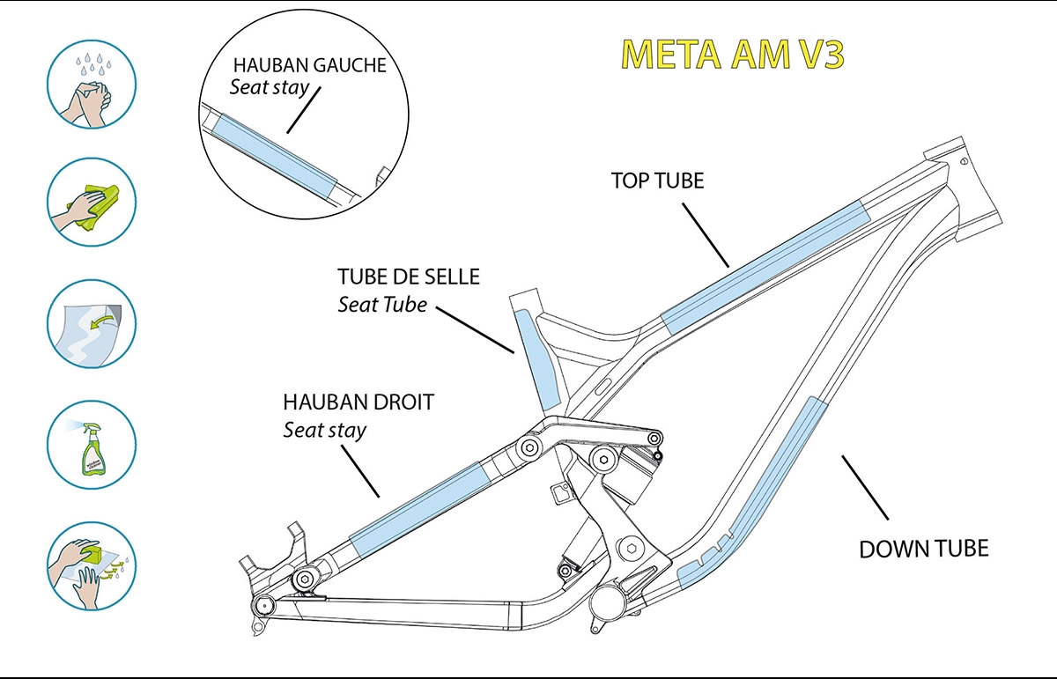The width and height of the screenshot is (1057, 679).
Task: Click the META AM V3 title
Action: click(x=733, y=55)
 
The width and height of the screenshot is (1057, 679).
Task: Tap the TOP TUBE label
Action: click(x=658, y=180)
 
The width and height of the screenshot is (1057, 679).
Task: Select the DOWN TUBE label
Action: click(x=924, y=549)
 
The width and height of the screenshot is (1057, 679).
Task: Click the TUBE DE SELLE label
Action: click(x=409, y=277)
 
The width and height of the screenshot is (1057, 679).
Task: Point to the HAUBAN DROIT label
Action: click(x=358, y=402)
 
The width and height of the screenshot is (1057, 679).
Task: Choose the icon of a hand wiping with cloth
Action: click(x=90, y=203)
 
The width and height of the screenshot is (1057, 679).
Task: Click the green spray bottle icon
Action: click(x=90, y=445)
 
